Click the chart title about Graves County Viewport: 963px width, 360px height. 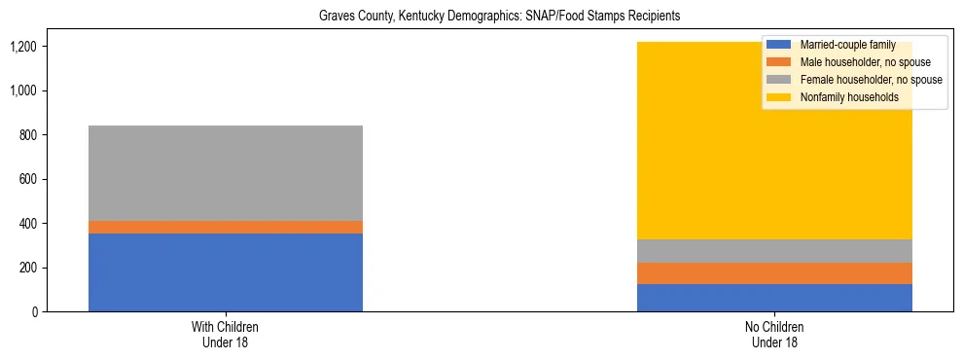[499, 17]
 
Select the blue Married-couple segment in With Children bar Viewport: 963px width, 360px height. [225, 272]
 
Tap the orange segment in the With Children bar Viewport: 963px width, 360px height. [225, 227]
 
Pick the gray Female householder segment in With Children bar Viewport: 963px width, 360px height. [225, 173]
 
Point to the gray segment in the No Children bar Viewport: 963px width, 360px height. [774, 251]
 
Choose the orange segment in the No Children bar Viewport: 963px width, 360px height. [774, 273]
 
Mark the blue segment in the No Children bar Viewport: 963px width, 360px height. [774, 298]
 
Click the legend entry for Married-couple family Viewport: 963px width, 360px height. [847, 45]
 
